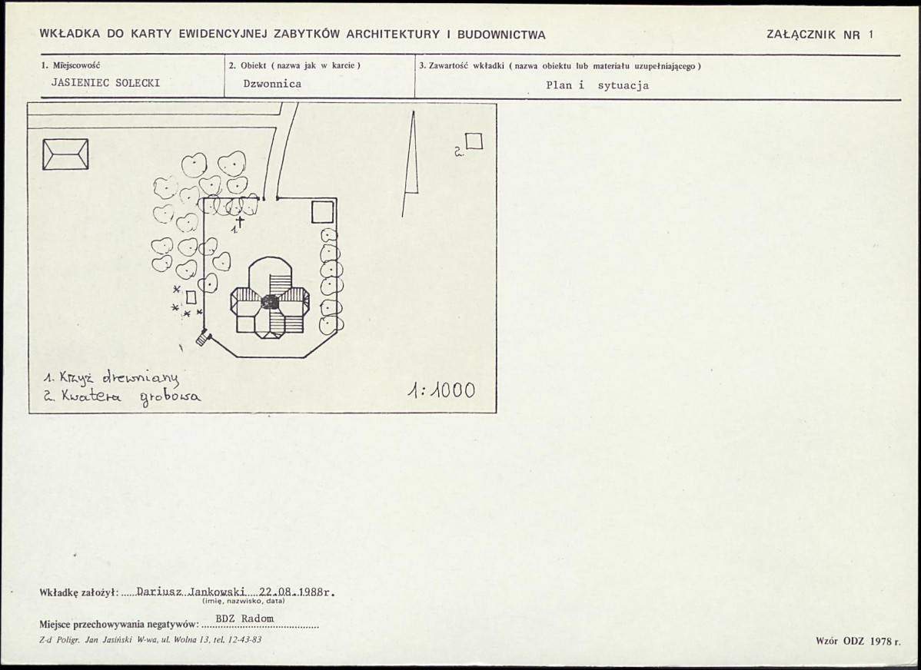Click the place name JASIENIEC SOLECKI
(x=106, y=83)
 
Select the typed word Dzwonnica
(x=273, y=84)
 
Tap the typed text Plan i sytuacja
(x=597, y=85)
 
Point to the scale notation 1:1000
(x=442, y=390)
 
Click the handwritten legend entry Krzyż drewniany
(x=111, y=378)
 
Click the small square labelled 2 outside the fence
(x=474, y=141)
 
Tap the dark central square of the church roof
(x=270, y=303)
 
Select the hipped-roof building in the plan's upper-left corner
(x=66, y=154)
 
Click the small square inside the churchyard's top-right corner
(x=322, y=212)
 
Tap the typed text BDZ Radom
(x=244, y=619)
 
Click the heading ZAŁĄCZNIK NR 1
(x=820, y=34)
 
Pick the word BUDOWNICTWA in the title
(x=501, y=34)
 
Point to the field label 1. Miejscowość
(x=71, y=65)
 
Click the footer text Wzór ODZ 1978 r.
(x=857, y=642)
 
